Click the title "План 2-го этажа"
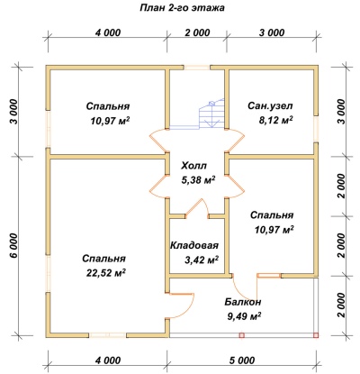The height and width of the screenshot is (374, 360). click(182, 8)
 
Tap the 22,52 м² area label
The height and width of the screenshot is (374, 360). click(106, 272)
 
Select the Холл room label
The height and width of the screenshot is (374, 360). click(194, 165)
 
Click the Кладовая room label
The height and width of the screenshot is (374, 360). click(194, 245)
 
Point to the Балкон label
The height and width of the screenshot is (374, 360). click(243, 302)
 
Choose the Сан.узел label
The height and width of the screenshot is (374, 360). click(270, 105)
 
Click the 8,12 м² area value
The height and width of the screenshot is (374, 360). click(275, 120)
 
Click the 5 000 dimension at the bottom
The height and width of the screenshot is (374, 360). click(243, 360)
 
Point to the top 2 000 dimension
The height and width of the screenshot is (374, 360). click(197, 32)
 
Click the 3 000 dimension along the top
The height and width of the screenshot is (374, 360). click(272, 32)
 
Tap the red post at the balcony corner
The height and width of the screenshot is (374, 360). click(316, 335)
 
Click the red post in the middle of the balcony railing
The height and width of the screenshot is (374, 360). click(242, 335)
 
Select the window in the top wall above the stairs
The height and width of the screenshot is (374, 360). click(197, 68)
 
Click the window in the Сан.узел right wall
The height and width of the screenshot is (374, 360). click(316, 129)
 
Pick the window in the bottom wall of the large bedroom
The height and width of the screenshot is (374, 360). click(108, 335)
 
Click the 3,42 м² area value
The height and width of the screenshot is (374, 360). click(202, 260)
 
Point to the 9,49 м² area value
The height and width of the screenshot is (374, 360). click(243, 316)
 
